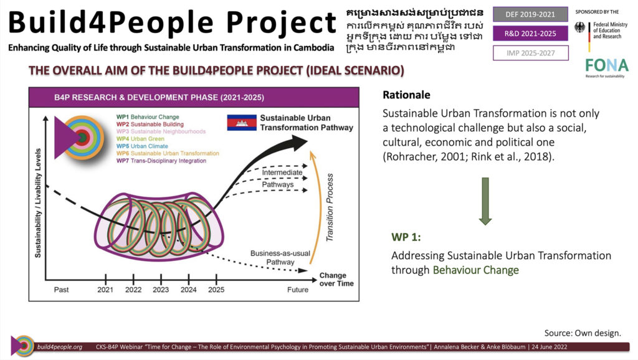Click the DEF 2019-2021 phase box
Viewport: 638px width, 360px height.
click(530, 14)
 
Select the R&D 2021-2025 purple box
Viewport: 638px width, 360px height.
click(530, 34)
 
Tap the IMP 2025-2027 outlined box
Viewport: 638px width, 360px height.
click(531, 53)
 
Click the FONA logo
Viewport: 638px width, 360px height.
click(607, 67)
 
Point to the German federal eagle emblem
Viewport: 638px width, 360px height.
click(579, 27)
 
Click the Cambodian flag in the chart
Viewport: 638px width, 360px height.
click(242, 123)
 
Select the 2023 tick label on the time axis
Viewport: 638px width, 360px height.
click(161, 290)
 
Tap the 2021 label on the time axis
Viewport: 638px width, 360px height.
click(105, 290)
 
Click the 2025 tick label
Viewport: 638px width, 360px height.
click(216, 290)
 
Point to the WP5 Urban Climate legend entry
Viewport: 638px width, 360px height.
click(142, 146)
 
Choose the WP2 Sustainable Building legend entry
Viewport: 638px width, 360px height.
click(150, 124)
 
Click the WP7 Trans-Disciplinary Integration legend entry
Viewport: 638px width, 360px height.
click(161, 161)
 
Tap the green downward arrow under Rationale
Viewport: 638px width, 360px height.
click(485, 201)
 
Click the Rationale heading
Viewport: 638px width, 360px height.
click(406, 95)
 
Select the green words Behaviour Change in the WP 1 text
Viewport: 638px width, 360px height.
click(475, 270)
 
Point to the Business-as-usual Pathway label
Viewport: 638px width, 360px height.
click(280, 257)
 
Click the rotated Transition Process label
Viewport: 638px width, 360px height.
click(330, 207)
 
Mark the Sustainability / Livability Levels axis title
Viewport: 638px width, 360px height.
click(38, 203)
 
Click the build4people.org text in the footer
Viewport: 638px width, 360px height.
click(59, 347)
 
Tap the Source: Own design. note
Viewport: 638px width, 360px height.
click(583, 333)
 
